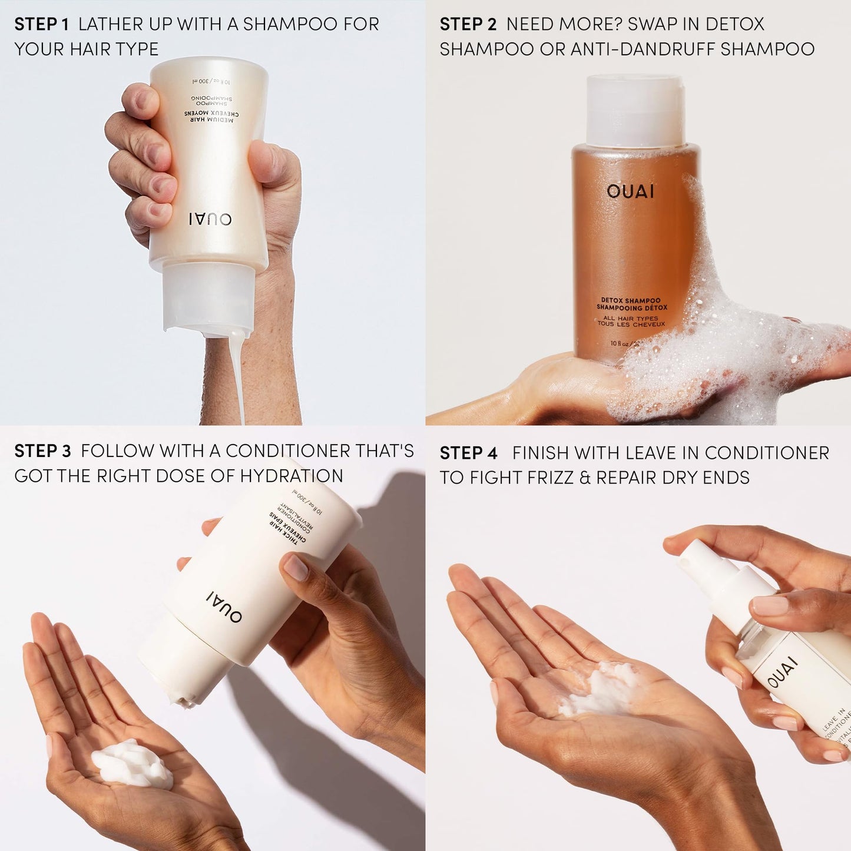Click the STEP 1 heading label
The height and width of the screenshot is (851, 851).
(x=41, y=24)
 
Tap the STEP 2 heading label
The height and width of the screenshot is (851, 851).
(x=468, y=24)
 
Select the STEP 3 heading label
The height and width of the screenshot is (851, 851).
(x=42, y=451)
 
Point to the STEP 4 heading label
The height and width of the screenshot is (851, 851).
(x=468, y=453)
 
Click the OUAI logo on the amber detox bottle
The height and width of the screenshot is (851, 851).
(x=630, y=191)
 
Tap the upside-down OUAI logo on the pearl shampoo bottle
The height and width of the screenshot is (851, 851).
(x=210, y=219)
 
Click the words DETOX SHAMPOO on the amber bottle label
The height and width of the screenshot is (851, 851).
(x=630, y=300)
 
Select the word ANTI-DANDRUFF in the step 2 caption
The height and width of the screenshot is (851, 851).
(x=642, y=49)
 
